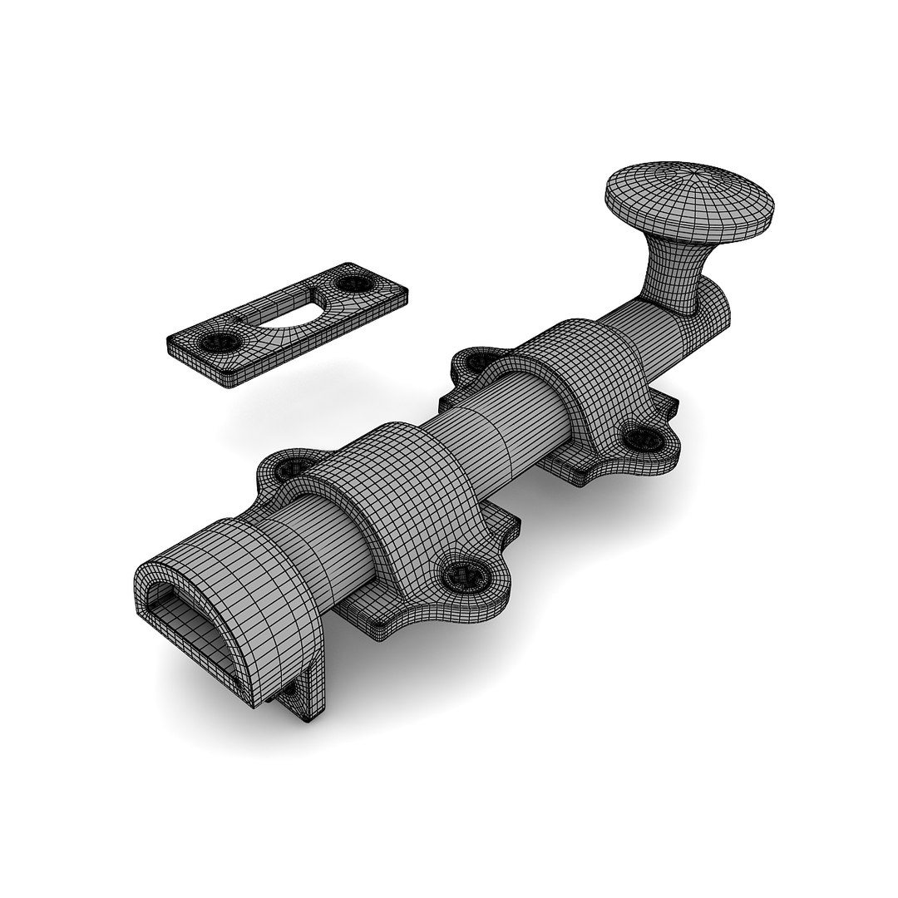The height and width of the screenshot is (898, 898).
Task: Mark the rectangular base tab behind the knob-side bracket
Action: (x=665, y=409)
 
